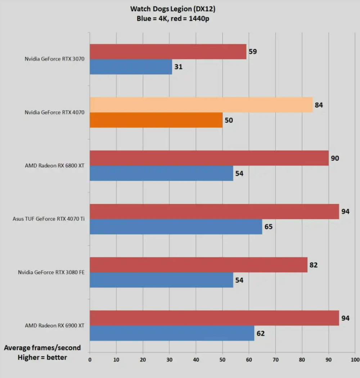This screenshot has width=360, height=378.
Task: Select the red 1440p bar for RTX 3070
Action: (168, 51)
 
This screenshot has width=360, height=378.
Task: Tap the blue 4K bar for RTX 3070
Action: (131, 67)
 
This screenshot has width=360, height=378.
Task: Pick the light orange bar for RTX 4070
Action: (201, 105)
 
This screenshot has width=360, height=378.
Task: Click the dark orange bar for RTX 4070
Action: (156, 120)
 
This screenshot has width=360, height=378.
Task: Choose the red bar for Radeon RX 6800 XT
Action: (209, 158)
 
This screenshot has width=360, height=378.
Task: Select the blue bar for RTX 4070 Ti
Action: (176, 227)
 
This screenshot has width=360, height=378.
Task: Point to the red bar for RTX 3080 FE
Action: (198, 265)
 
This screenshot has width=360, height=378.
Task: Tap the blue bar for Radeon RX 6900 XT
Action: (172, 333)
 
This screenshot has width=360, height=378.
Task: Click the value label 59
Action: (253, 51)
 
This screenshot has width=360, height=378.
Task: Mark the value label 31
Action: (178, 67)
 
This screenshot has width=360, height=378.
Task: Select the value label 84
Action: (319, 105)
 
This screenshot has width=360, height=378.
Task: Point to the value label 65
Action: (269, 227)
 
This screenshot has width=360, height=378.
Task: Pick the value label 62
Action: (261, 333)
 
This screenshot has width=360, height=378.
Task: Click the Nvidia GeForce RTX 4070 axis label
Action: (54, 112)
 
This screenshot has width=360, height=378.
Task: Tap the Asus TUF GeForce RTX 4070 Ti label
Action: (49, 219)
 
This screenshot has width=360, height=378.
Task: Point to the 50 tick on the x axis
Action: (222, 359)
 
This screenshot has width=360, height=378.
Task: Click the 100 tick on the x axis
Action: (355, 359)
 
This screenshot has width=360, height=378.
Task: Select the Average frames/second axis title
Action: (42, 348)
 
